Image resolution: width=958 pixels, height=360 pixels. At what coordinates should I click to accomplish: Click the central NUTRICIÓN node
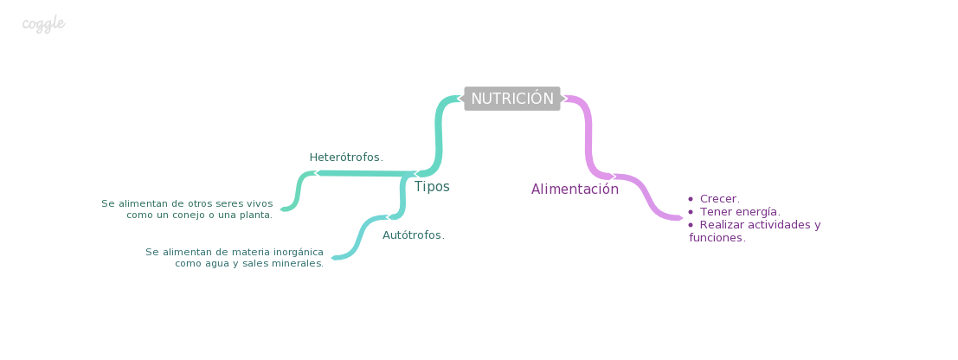pyautogui.click(x=511, y=99)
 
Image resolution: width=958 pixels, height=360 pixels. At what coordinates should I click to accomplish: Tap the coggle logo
pyautogui.click(x=43, y=23)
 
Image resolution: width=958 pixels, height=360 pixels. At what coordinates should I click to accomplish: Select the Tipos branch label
pyautogui.click(x=431, y=187)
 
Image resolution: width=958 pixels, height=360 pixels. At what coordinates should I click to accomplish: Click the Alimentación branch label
pyautogui.click(x=575, y=190)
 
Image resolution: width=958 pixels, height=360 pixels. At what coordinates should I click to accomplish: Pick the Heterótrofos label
pyautogui.click(x=345, y=157)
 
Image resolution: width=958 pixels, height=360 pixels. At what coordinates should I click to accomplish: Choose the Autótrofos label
pyautogui.click(x=413, y=235)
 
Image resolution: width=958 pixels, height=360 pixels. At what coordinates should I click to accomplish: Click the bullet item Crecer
pyautogui.click(x=719, y=199)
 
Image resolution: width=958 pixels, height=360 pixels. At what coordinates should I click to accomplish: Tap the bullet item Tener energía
pyautogui.click(x=740, y=212)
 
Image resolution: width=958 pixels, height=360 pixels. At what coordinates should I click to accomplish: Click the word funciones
pyautogui.click(x=717, y=238)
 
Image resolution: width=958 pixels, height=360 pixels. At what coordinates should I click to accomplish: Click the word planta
pyautogui.click(x=254, y=215)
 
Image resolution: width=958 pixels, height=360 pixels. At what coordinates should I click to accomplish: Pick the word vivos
pyautogui.click(x=258, y=203)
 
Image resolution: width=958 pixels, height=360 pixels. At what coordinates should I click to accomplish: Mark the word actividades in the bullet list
pyautogui.click(x=781, y=225)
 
